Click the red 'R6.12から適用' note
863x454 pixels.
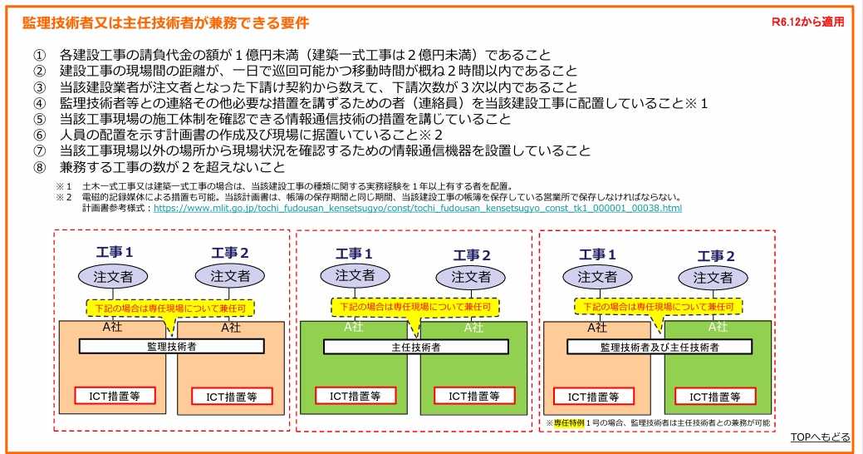click(807, 22)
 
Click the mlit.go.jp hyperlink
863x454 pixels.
click(418, 208)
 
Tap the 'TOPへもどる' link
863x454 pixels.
click(820, 437)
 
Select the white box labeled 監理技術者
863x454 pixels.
click(171, 346)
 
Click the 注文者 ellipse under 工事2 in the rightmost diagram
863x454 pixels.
click(713, 278)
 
